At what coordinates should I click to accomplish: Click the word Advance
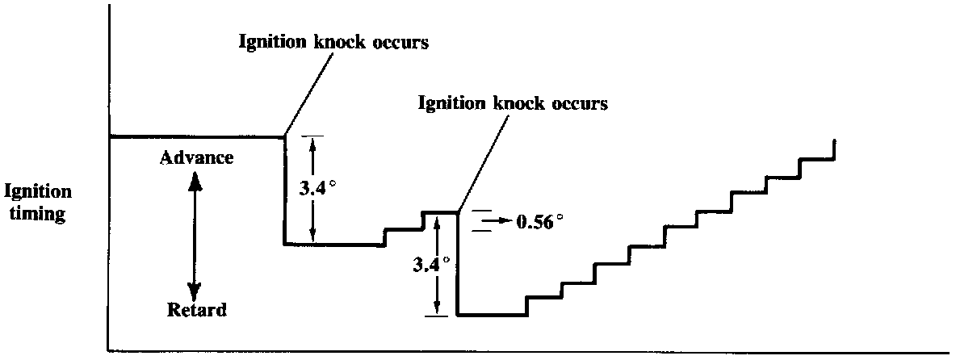pyautogui.click(x=197, y=157)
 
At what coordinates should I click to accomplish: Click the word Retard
pyautogui.click(x=197, y=309)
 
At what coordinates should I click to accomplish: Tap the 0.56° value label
pyautogui.click(x=538, y=221)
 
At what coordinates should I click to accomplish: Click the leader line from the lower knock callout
pyautogui.click(x=483, y=162)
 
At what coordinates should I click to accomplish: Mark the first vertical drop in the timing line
pyautogui.click(x=284, y=190)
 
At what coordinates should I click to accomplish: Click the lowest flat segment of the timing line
pyautogui.click(x=492, y=315)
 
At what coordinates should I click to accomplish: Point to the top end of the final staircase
pyautogui.click(x=832, y=141)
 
